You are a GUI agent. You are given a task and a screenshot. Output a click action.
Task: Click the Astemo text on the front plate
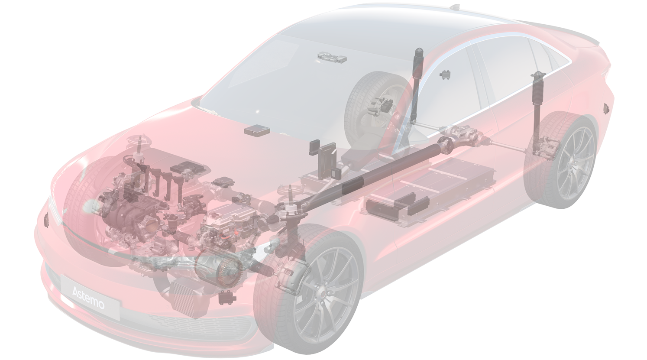coord(88,298)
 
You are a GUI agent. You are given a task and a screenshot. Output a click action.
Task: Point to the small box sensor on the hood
coord(257,130)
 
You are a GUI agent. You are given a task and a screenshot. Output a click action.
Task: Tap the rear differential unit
coord(462,135)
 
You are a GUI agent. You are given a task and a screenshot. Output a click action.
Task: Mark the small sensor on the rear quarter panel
coord(606,108)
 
